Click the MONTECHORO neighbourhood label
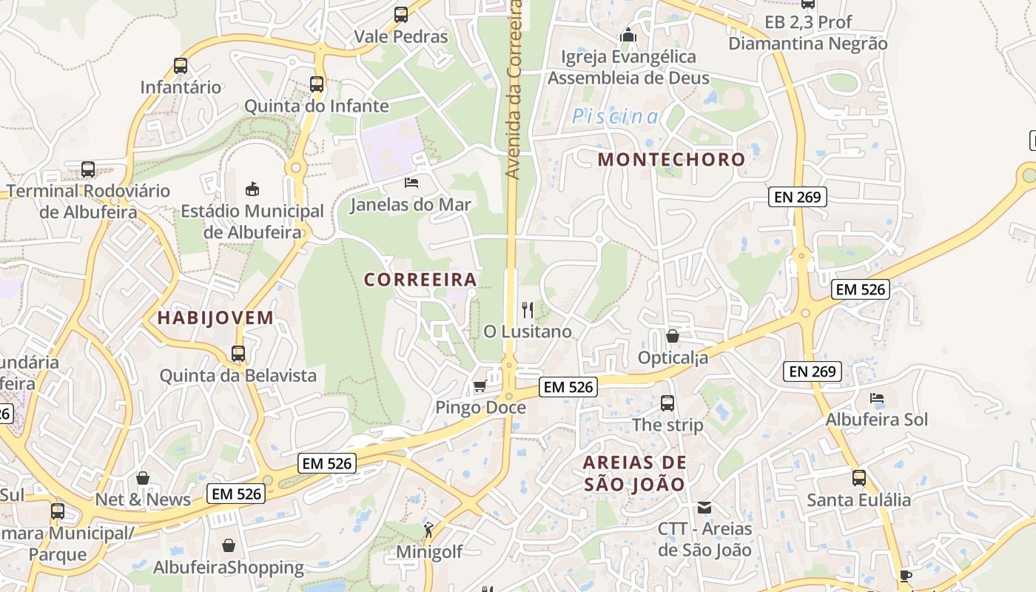[x=671, y=159]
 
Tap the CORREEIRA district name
[x=420, y=280]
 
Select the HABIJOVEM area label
[x=215, y=318]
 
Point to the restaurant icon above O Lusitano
[x=528, y=309]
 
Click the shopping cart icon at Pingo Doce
[x=480, y=386]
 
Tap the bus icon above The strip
[x=667, y=403]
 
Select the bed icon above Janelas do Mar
[x=411, y=182]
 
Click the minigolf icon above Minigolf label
[x=428, y=530]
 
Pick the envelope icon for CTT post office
[x=704, y=508]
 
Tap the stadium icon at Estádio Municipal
[x=252, y=189]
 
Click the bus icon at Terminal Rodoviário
[x=88, y=169]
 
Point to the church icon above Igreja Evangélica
[x=628, y=35]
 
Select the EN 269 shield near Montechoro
[x=798, y=197]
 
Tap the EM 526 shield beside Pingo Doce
[x=568, y=386]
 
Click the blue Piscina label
[x=615, y=116]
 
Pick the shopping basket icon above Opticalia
[x=673, y=337]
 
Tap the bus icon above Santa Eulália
[x=859, y=478]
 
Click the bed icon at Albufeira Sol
[x=877, y=398]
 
